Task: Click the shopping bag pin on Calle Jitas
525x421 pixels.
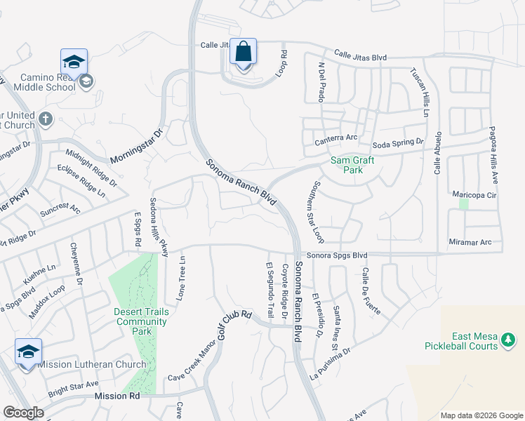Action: click(243, 53)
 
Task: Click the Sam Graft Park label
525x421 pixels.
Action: click(352, 165)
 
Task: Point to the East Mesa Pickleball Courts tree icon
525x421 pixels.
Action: click(507, 341)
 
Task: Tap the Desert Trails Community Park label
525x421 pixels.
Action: click(142, 316)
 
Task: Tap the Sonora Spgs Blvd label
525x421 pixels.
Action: click(336, 255)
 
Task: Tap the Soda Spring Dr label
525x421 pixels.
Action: click(398, 142)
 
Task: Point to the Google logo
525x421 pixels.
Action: click(23, 413)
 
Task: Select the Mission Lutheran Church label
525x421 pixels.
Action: click(93, 364)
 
